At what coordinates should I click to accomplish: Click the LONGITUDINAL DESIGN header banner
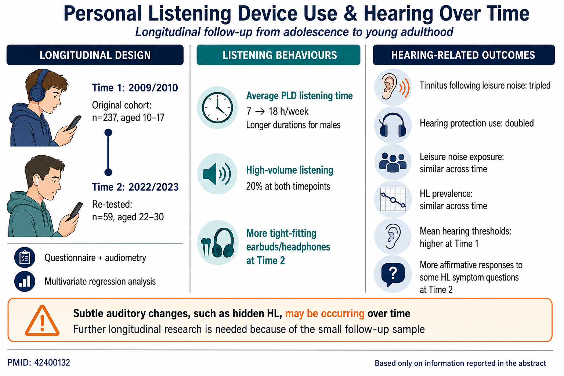tap(95, 55)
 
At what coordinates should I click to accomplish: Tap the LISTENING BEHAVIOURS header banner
tap(278, 55)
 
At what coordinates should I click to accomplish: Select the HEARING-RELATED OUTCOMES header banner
tap(464, 55)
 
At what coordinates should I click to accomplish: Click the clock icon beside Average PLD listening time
tap(217, 108)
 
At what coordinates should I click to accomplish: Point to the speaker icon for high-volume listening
tap(217, 174)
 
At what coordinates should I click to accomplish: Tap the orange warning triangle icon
tap(42, 321)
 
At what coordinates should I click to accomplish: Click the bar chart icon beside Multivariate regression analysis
tap(25, 281)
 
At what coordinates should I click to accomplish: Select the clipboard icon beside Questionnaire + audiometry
tap(25, 257)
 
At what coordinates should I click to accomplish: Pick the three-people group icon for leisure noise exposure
tap(393, 162)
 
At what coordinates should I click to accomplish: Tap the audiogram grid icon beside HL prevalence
tap(393, 199)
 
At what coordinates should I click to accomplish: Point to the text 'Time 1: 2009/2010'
tap(135, 88)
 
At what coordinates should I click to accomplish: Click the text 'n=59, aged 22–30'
tap(128, 217)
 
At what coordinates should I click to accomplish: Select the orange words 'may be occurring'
tap(325, 314)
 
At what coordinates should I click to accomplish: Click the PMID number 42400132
tap(52, 363)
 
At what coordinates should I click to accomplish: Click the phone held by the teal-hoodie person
tap(75, 211)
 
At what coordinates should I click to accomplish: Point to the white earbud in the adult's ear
tap(37, 181)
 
